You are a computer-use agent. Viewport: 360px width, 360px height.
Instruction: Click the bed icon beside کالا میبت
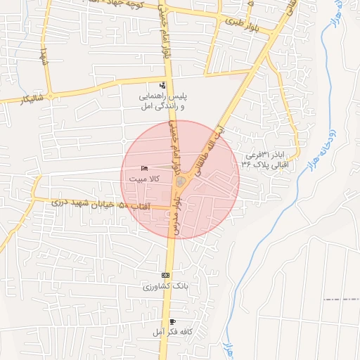144,169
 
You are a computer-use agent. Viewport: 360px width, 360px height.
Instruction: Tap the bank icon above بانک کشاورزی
165,275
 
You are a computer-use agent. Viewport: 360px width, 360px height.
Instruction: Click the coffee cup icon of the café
173,321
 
